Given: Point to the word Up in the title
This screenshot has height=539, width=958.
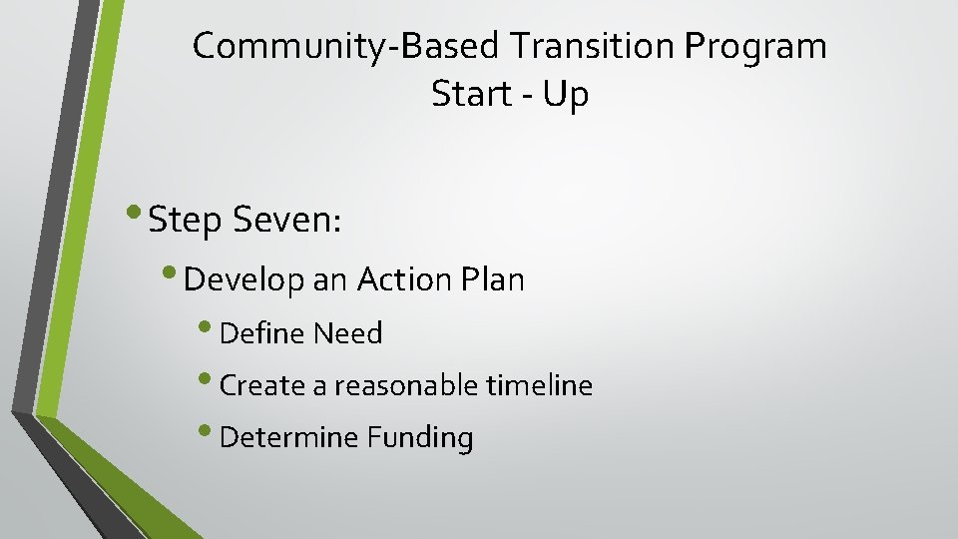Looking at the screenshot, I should tap(567, 96).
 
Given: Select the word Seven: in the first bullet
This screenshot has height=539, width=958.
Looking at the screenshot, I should tap(287, 220).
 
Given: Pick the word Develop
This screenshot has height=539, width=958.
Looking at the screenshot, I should tap(244, 280).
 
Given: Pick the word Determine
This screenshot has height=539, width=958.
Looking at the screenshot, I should tap(289, 437).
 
